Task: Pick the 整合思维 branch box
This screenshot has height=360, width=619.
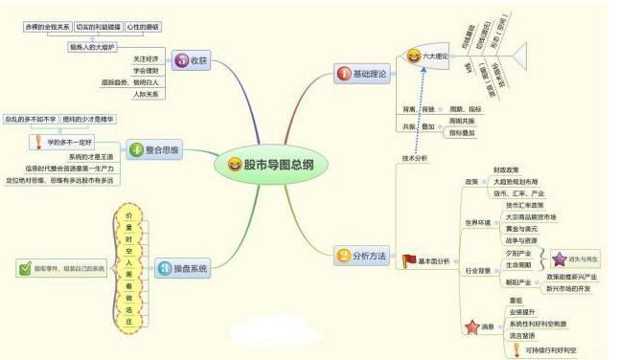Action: [x=155, y=149]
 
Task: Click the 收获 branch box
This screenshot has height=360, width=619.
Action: [x=193, y=59]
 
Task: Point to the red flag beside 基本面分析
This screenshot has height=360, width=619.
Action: [x=409, y=260]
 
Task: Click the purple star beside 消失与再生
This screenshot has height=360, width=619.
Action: [x=560, y=258]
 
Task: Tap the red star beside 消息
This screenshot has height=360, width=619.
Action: [x=471, y=327]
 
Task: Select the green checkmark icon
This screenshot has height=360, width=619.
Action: [x=26, y=269]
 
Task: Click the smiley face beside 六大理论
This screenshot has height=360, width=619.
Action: [x=414, y=57]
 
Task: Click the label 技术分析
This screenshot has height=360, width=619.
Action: [x=414, y=157]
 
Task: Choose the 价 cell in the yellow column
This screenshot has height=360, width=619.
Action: [x=128, y=215]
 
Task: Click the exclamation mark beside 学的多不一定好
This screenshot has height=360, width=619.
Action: [x=35, y=143]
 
